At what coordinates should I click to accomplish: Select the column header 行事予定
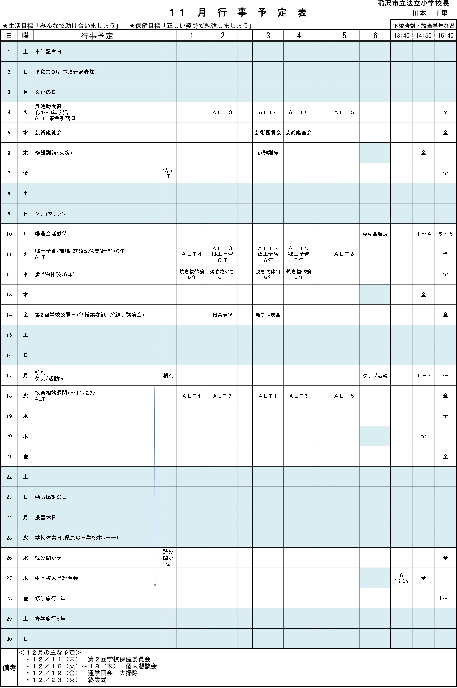click(97, 36)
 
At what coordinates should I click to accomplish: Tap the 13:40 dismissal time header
click(401, 36)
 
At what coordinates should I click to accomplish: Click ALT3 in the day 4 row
click(222, 112)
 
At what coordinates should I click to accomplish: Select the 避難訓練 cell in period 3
click(268, 153)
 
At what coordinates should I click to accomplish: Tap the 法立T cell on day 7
click(168, 173)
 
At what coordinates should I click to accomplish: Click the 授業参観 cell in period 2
click(222, 315)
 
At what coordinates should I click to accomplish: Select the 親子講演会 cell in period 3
click(268, 315)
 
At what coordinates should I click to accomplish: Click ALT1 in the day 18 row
click(268, 396)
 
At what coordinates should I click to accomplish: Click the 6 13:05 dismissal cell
click(401, 578)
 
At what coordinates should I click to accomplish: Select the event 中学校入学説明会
click(56, 578)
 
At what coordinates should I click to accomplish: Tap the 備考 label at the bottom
click(9, 667)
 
